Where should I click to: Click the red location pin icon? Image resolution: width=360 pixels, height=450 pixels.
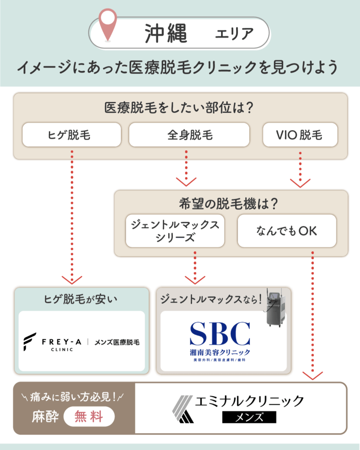click(x=107, y=24)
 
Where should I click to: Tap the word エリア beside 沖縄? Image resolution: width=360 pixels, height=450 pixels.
click(x=234, y=33)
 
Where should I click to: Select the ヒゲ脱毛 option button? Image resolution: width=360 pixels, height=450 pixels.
click(x=72, y=134)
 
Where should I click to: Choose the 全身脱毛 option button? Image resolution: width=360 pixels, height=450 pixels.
click(x=189, y=134)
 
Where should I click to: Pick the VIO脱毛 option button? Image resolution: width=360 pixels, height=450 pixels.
click(x=300, y=134)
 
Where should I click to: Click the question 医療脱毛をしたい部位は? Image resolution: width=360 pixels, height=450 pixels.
click(x=180, y=108)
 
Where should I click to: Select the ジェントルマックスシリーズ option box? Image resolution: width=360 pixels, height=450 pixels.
click(x=175, y=231)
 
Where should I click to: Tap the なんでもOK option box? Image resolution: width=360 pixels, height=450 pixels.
click(x=287, y=231)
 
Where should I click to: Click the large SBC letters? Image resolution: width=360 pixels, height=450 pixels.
click(x=220, y=333)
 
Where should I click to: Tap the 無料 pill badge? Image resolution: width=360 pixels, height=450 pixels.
click(x=89, y=417)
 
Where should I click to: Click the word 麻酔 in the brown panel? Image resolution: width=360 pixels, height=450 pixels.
click(x=45, y=417)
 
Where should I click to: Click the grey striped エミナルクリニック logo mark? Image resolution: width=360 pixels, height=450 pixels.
click(x=182, y=408)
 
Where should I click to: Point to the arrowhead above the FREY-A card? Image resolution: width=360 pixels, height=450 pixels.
click(x=72, y=279)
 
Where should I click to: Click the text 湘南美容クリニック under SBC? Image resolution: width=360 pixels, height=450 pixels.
click(x=220, y=352)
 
